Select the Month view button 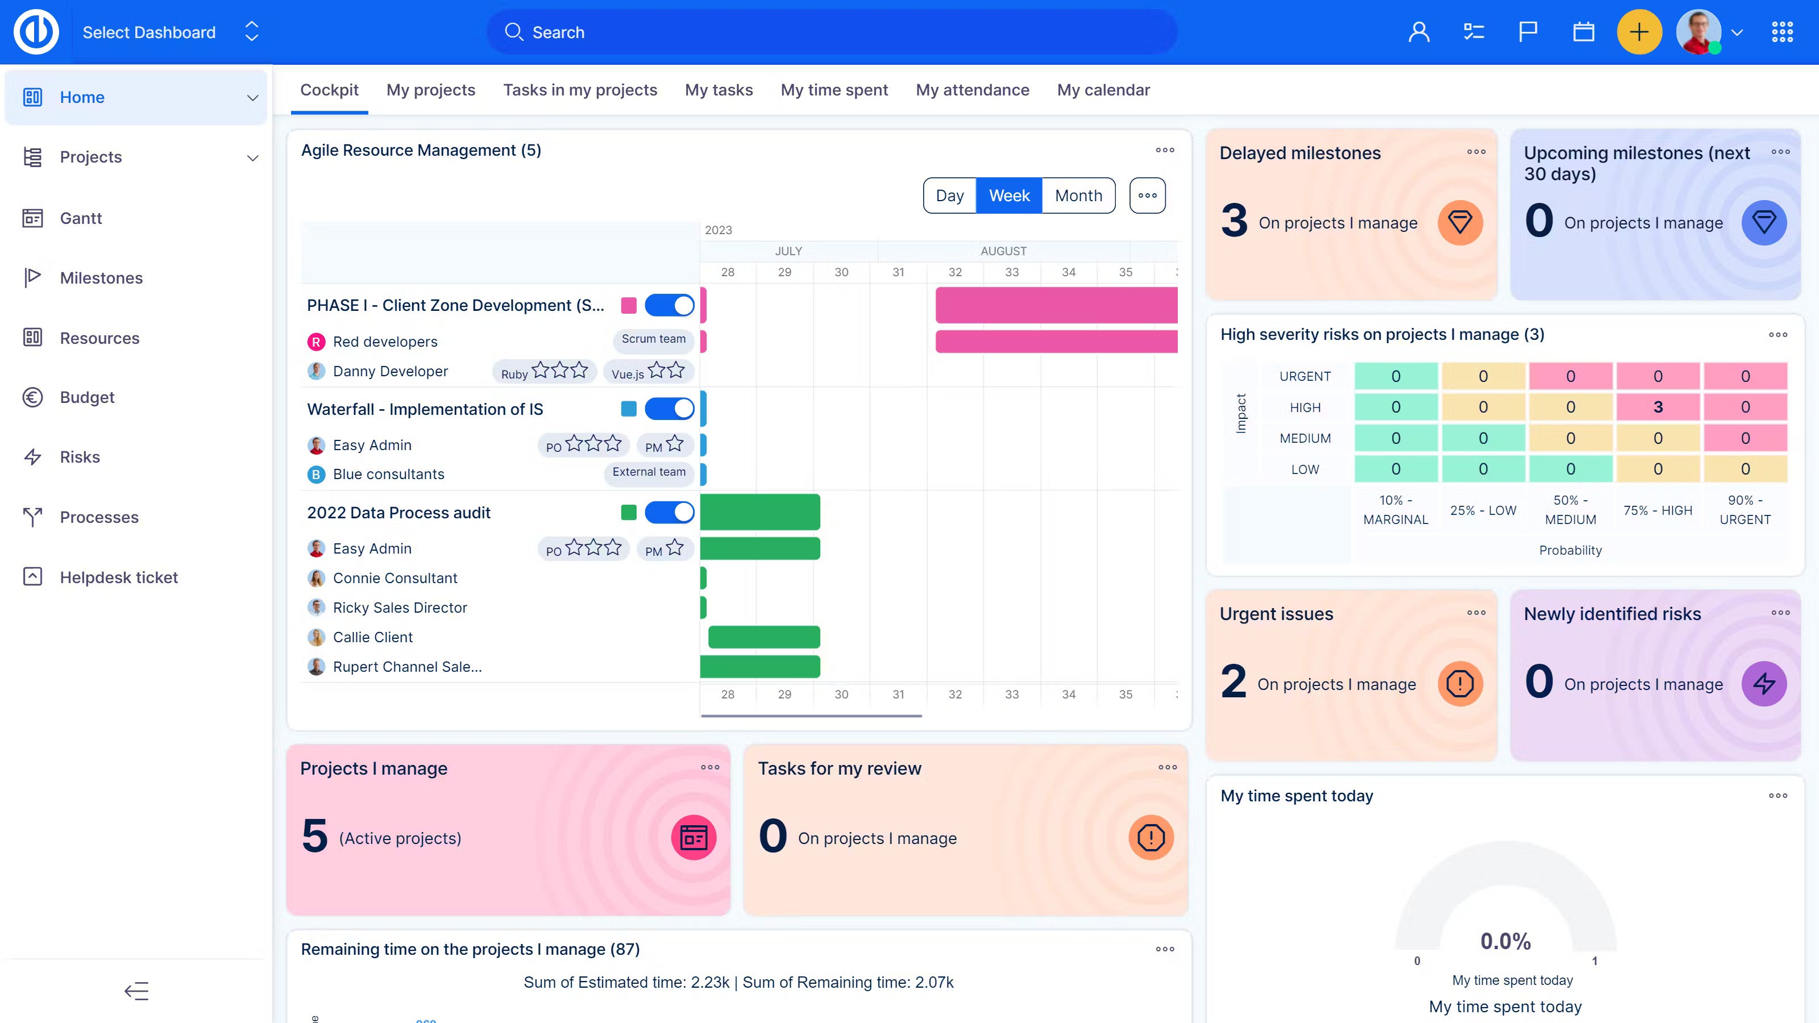pyautogui.click(x=1078, y=196)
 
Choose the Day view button pyautogui.click(x=949, y=196)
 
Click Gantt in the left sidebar pyautogui.click(x=81, y=218)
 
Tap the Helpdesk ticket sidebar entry pyautogui.click(x=119, y=577)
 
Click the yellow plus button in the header pyautogui.click(x=1638, y=32)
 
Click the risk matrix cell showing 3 pyautogui.click(x=1658, y=407)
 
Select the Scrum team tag pyautogui.click(x=653, y=339)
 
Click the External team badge pyautogui.click(x=648, y=472)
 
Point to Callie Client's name pyautogui.click(x=372, y=638)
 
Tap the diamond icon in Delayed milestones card pyautogui.click(x=1460, y=223)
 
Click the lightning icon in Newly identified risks pyautogui.click(x=1763, y=683)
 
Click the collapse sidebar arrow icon pyautogui.click(x=136, y=991)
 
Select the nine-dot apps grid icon pyautogui.click(x=1781, y=32)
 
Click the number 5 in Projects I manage pyautogui.click(x=315, y=836)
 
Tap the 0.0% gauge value pyautogui.click(x=1505, y=941)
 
